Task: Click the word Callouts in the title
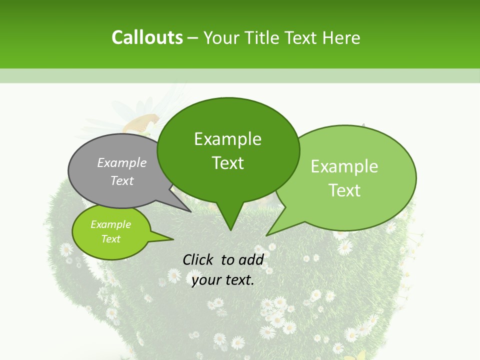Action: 147,37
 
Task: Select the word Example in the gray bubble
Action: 122,162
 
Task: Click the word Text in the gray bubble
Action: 122,180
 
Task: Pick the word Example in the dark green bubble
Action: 227,139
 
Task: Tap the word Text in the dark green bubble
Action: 227,163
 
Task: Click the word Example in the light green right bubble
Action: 344,166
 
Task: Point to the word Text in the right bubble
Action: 344,190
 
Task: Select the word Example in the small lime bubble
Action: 110,224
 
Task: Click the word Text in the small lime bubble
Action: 110,239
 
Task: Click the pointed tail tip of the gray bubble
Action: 191,211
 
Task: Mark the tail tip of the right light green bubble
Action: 266,235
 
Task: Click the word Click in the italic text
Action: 199,259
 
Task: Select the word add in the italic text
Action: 251,259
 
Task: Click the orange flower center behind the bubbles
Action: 145,121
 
